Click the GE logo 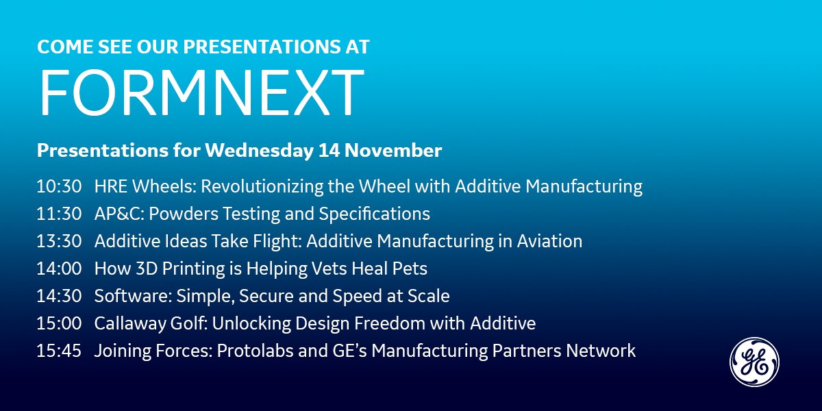(754, 362)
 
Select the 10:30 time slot (59, 186)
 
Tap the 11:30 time (59, 214)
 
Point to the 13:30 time (59, 241)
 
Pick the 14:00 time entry (59, 269)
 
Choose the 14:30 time (59, 296)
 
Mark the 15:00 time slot (59, 323)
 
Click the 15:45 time (59, 351)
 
